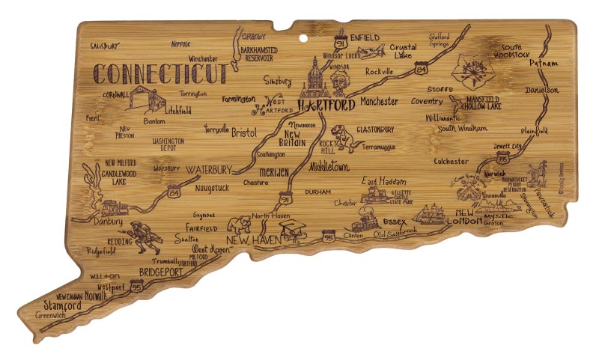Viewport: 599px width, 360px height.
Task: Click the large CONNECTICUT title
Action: tap(160, 74)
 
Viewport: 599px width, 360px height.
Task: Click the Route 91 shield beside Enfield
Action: tap(341, 44)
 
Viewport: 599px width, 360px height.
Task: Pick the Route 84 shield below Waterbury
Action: tap(174, 193)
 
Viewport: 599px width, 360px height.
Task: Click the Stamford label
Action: tap(62, 305)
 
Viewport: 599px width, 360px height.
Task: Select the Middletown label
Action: tap(329, 166)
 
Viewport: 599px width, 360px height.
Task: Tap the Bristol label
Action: tap(243, 132)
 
